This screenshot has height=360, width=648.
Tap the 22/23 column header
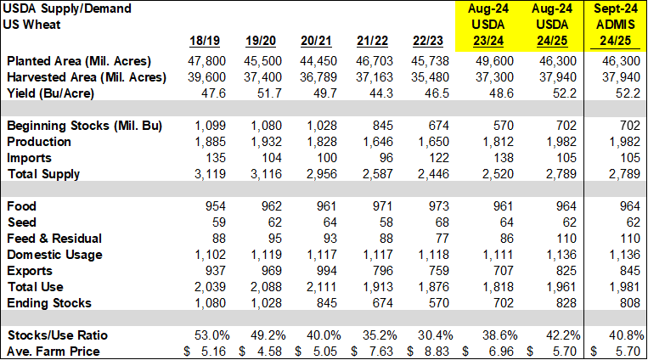427,41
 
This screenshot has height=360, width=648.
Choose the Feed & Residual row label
54,239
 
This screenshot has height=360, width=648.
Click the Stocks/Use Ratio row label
56,335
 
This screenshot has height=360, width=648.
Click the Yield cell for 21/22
375,93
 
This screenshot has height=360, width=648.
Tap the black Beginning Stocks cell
617,126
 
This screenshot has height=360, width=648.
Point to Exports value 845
629,271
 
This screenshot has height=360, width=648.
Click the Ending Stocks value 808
629,303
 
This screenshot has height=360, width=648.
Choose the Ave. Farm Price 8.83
433,351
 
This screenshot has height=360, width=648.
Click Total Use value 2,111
318,287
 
